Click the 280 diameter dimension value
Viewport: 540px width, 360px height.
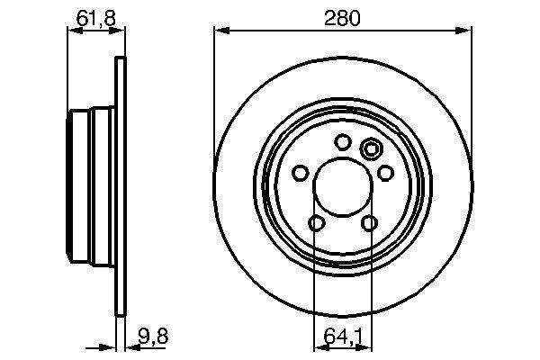click(x=342, y=16)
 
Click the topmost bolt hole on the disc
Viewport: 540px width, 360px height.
click(x=342, y=141)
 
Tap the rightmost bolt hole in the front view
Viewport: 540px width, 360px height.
click(x=385, y=172)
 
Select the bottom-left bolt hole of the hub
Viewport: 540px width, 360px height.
click(x=316, y=223)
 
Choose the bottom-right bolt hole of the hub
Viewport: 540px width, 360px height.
click(x=369, y=223)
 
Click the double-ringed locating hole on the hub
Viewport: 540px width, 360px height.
click(x=369, y=148)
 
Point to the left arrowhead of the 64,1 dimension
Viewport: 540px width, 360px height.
click(x=318, y=346)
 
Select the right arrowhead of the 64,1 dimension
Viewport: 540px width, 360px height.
click(x=365, y=346)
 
